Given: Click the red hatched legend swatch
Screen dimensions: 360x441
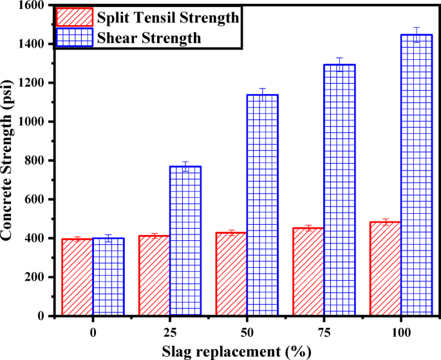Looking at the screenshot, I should [x=75, y=16].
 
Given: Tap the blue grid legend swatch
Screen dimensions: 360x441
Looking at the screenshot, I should [x=75, y=38].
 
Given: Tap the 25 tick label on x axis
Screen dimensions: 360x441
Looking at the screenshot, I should [x=169, y=334].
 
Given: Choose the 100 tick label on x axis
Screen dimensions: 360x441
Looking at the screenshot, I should [x=401, y=334].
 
